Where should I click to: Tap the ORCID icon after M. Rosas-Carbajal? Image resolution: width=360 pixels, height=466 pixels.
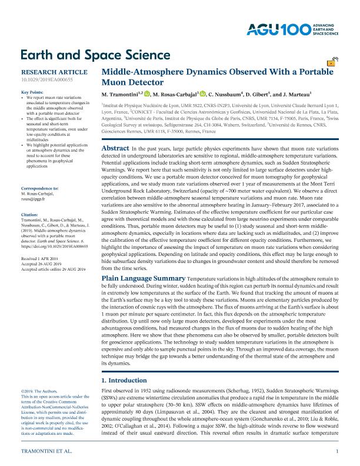click(203, 94)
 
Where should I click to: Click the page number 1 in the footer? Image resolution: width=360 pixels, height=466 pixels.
click(337, 451)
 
